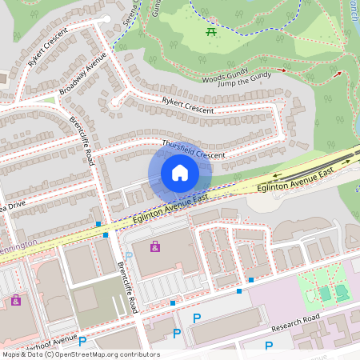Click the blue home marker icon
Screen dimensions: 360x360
click(180, 173)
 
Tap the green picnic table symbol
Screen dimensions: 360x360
click(211, 32)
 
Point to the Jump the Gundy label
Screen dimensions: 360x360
click(242, 84)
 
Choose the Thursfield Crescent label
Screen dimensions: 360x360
click(194, 149)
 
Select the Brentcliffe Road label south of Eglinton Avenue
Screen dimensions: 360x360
click(128, 287)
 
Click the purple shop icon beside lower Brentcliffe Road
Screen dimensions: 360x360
click(154, 246)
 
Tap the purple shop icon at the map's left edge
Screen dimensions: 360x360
click(15, 300)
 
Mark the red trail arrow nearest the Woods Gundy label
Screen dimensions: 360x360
click(281, 70)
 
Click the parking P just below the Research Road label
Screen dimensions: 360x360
click(269, 346)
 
